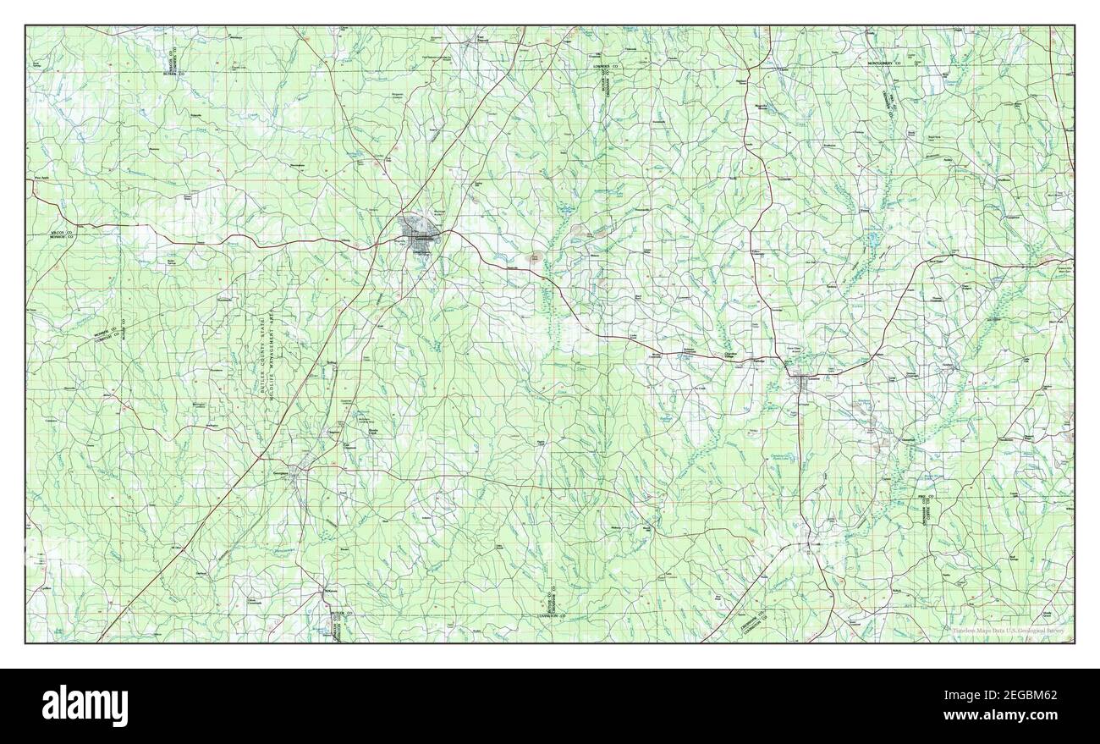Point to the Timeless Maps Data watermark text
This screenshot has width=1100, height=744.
[x=1007, y=630]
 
